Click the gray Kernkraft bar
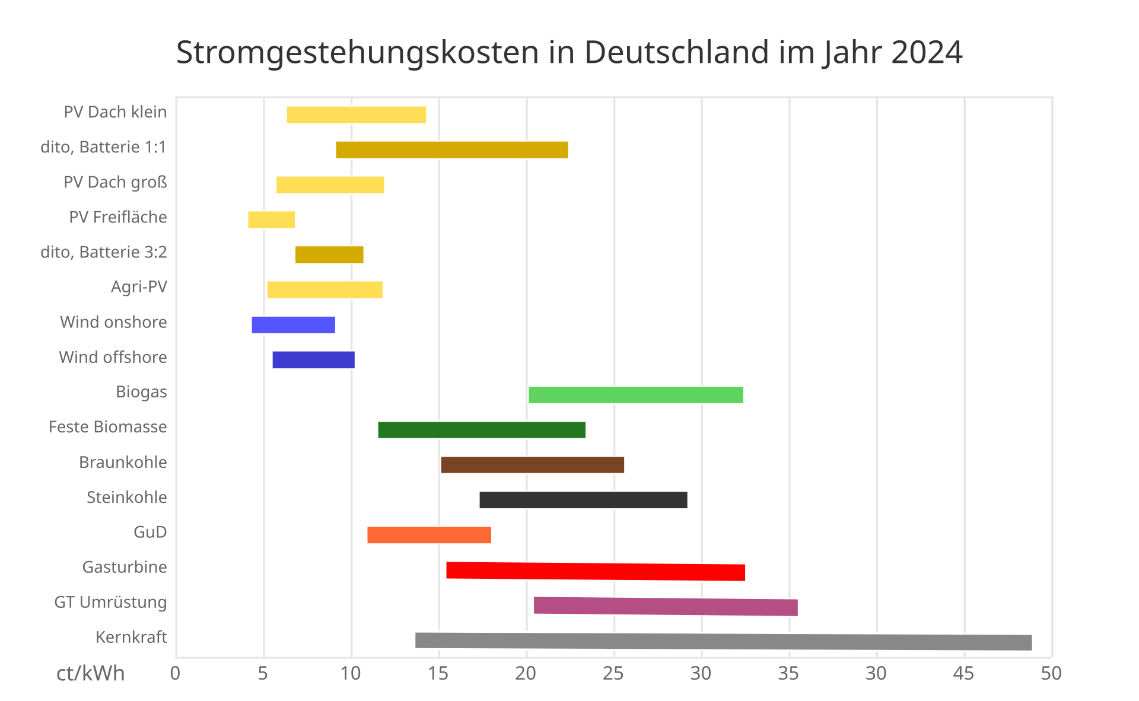[x=723, y=641]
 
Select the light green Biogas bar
[x=636, y=395]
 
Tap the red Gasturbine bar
[x=596, y=571]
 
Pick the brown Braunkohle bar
[x=532, y=465]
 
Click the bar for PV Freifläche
[x=272, y=219]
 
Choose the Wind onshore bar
[x=294, y=325]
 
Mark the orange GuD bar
[x=429, y=535]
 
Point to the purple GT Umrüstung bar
[x=666, y=606]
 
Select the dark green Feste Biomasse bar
[x=482, y=430]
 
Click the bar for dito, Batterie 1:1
[x=452, y=150]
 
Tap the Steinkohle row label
[x=126, y=497]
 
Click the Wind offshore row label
[x=113, y=357]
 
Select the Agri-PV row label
[x=139, y=287]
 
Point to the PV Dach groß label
[x=115, y=182]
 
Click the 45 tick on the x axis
[x=963, y=673]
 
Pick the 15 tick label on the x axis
[x=438, y=673]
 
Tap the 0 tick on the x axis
[x=175, y=673]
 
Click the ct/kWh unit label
[x=90, y=674]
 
